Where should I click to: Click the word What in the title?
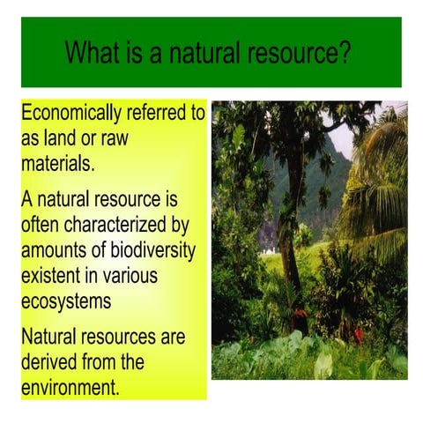[92, 53]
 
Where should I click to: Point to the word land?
[65, 138]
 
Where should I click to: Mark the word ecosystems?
[66, 301]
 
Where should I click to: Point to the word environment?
[70, 387]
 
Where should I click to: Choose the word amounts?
[56, 251]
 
